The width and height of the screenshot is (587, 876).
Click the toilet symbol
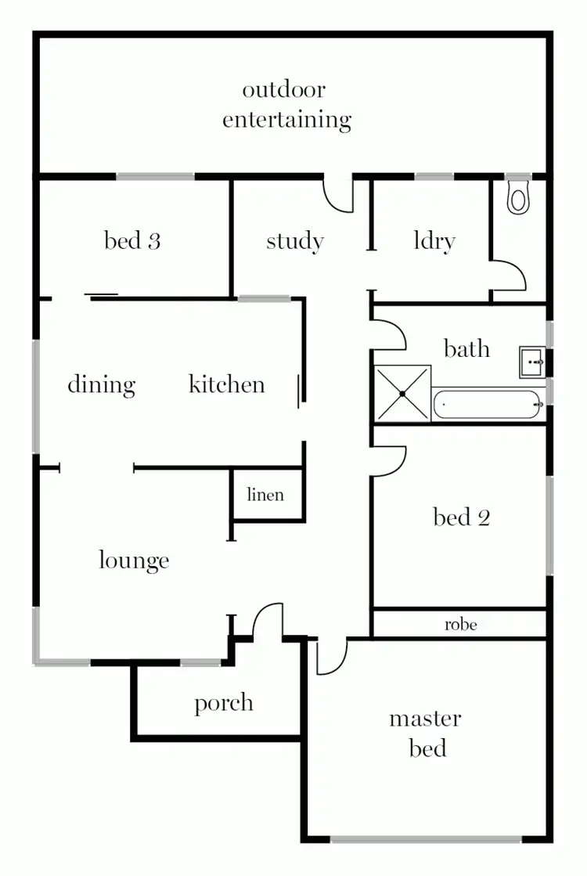tap(518, 197)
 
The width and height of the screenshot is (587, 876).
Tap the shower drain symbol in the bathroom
tap(402, 393)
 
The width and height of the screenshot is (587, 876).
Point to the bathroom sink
tap(533, 362)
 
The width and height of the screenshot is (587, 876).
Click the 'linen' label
tap(265, 495)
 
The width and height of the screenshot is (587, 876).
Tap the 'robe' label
tap(460, 625)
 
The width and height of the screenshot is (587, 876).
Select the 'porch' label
tap(224, 703)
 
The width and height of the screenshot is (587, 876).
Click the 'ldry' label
tap(434, 241)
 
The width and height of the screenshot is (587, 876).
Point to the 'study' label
tap(294, 241)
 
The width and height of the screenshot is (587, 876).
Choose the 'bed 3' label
tap(132, 241)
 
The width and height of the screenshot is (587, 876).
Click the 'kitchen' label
tap(227, 384)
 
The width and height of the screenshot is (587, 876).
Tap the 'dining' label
tap(101, 384)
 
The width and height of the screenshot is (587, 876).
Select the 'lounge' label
tap(134, 561)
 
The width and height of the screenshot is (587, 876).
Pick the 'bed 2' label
tap(461, 517)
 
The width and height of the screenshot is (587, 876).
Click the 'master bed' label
tap(426, 734)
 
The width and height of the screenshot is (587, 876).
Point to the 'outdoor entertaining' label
tap(286, 105)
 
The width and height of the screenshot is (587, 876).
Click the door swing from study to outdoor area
tap(337, 196)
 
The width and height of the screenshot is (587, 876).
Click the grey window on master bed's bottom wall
tap(426, 839)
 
